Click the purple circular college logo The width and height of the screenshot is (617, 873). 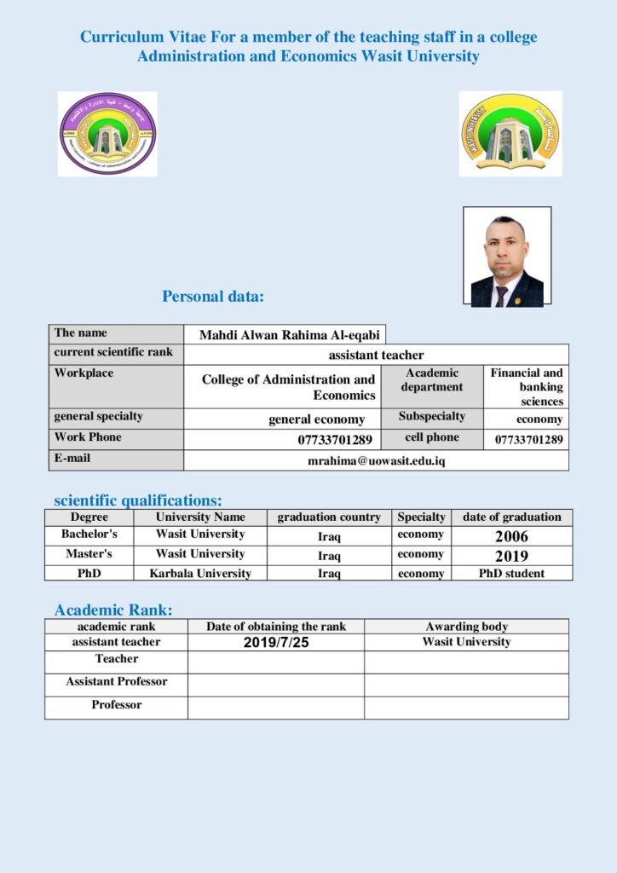[x=107, y=134]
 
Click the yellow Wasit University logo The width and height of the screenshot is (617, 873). [x=510, y=134]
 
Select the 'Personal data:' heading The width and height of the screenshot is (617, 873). [x=213, y=297]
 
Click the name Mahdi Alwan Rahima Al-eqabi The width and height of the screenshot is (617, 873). [x=289, y=335]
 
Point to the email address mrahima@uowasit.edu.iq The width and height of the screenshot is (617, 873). [x=376, y=460]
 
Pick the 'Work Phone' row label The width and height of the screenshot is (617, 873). [x=88, y=437]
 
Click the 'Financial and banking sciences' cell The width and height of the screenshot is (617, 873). [x=527, y=386]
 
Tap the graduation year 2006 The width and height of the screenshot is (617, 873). [x=511, y=536]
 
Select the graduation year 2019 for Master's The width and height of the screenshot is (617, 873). [x=511, y=556]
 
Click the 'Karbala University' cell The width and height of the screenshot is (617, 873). [x=200, y=574]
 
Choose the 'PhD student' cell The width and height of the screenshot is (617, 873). [x=511, y=574]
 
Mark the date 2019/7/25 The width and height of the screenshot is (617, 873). [x=275, y=643]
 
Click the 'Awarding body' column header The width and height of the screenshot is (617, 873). [x=466, y=627]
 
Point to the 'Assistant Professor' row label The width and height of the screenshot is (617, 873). [x=117, y=682]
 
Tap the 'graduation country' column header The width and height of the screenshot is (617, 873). [x=329, y=517]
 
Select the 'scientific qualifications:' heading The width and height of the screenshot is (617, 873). [x=138, y=500]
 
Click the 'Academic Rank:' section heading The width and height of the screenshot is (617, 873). [x=113, y=610]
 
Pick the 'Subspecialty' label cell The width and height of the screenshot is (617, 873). [x=432, y=417]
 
